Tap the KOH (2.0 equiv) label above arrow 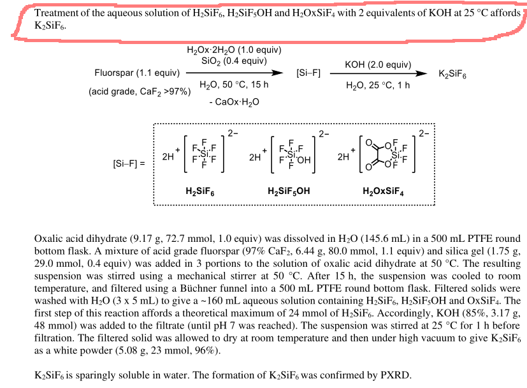pos(377,64)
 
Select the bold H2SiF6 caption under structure pos(200,191)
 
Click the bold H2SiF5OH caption pos(289,191)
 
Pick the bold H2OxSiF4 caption pos(383,191)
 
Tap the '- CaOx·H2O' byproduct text pos(233,101)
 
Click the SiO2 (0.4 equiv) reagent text pos(234,61)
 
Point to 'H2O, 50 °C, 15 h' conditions pos(234,84)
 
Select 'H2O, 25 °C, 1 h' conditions pos(378,84)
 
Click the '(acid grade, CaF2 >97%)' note pos(140,91)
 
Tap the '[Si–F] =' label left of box pos(129,163)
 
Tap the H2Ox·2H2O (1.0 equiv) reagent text pos(234,50)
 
